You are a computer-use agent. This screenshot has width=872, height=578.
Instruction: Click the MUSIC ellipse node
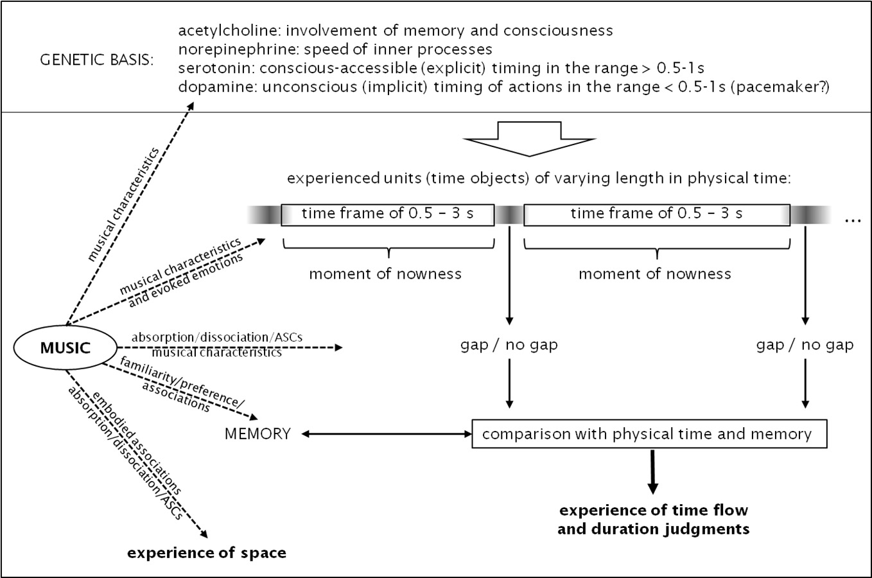[65, 347]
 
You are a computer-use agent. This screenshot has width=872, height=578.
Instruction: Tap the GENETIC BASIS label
[97, 62]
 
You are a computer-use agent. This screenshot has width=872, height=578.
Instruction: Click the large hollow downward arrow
[529, 139]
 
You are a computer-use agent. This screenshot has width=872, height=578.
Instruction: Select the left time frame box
[388, 214]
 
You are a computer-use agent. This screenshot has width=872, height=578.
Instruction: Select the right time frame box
[656, 214]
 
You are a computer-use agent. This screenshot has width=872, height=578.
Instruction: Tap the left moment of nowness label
[385, 274]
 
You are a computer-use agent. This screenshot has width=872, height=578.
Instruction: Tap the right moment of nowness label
[654, 274]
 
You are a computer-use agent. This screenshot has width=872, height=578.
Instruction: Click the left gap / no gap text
[509, 345]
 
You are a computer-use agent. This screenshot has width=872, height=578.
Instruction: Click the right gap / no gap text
[805, 345]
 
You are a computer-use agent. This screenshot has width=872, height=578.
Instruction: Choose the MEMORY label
[257, 434]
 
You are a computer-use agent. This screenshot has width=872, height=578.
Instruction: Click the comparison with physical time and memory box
[649, 434]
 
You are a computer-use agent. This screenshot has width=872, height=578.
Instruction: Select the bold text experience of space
[207, 553]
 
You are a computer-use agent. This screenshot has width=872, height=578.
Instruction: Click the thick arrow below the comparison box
[652, 471]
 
